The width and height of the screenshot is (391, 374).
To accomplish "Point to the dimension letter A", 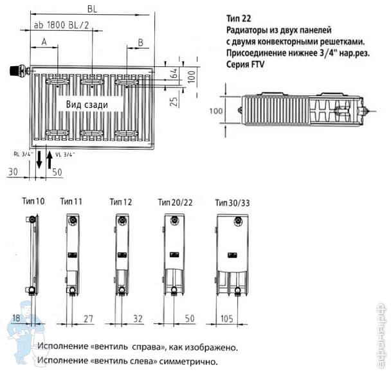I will (44, 42).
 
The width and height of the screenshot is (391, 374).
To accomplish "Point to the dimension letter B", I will (140, 42).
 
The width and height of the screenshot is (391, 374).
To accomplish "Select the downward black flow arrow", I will (39, 159).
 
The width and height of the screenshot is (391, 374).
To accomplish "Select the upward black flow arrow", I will (50, 159).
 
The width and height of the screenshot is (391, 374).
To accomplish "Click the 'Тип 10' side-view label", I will (33, 202).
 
